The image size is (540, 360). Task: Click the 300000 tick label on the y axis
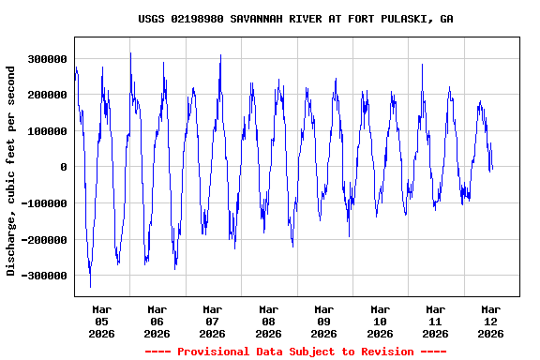(47, 59)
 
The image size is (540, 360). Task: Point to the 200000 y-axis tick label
(47, 95)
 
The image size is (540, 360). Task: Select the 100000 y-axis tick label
(47, 131)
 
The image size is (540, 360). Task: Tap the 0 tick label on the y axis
(64, 167)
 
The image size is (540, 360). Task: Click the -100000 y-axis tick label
(44, 203)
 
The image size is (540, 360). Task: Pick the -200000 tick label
(44, 240)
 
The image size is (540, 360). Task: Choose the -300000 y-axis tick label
(44, 276)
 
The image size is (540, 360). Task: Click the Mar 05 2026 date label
(101, 321)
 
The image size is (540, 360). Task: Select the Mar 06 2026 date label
(157, 321)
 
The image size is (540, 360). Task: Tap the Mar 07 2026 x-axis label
(213, 321)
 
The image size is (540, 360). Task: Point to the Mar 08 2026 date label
(268, 321)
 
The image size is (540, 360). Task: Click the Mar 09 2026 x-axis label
(323, 321)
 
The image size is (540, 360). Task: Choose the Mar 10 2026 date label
(380, 321)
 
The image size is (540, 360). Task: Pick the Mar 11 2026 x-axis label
(435, 321)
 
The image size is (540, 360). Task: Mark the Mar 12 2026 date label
(490, 321)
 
